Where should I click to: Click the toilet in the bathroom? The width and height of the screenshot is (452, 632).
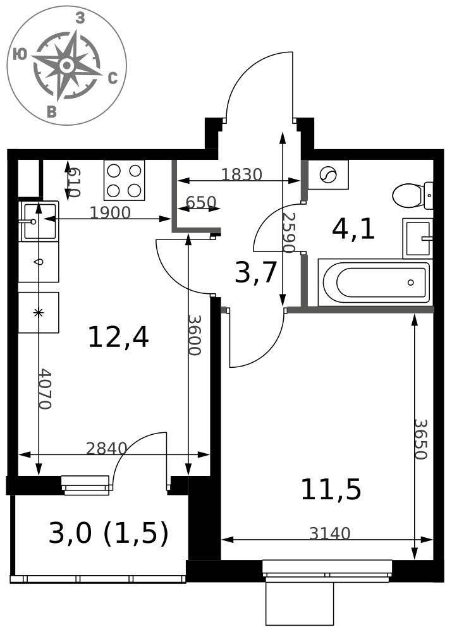coord(412,195)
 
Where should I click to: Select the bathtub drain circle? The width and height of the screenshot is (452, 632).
coord(410,282)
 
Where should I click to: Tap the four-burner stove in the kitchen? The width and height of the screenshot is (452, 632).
coord(124,180)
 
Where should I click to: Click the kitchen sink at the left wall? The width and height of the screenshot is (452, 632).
coord(39,221)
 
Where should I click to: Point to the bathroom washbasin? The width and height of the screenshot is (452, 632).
coord(417,238)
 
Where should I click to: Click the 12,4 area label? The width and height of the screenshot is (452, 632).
coord(118,337)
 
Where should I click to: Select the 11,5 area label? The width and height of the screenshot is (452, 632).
coord(331,490)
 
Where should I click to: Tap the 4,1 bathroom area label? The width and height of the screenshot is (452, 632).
coord(353,230)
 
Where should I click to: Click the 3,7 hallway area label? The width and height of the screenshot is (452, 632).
coord(255,272)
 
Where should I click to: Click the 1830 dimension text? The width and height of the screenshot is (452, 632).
coord(241,174)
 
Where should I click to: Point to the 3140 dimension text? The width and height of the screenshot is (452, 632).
coord(330,533)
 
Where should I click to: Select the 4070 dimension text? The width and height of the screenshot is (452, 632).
coord(45,389)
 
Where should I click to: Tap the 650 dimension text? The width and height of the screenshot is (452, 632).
coord(201,202)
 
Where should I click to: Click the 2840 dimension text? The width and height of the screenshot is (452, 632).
coord(106,448)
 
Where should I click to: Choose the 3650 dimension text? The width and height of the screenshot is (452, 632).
coord(420,439)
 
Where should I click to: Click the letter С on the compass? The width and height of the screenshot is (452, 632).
coord(113,78)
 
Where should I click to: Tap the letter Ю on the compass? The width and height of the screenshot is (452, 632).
coord(20,54)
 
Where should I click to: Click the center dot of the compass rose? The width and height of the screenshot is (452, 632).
coord(67,65)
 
